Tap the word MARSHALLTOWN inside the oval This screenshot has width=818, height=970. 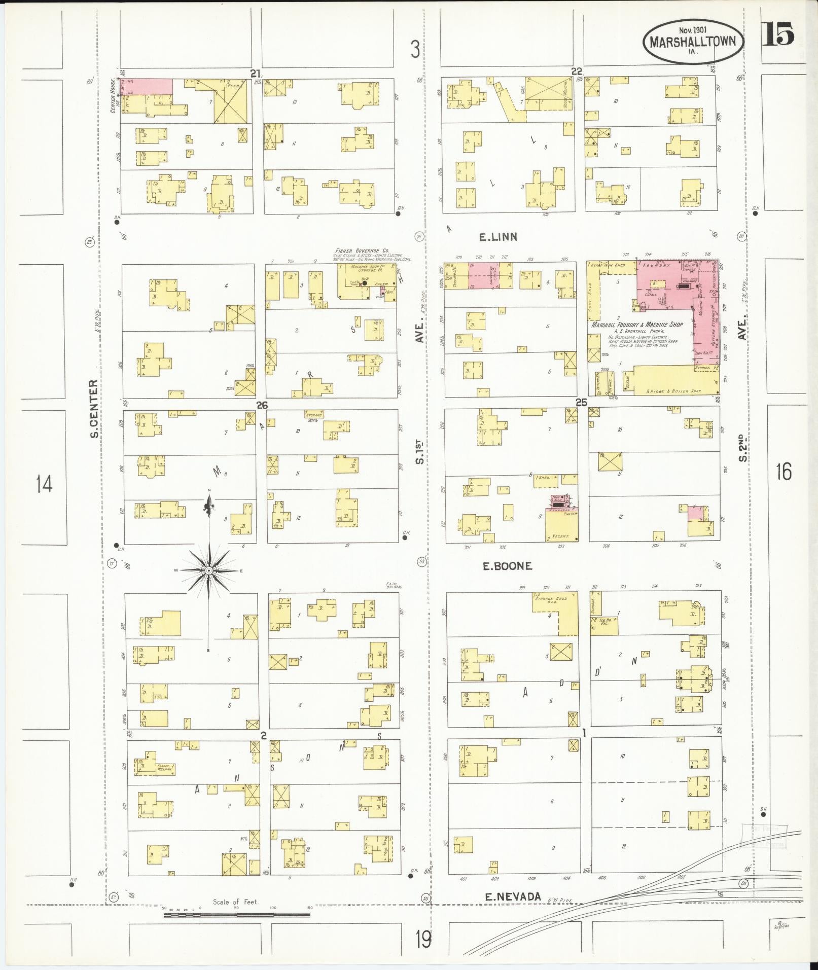693,41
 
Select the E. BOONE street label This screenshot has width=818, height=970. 507,566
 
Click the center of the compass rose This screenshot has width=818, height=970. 208,571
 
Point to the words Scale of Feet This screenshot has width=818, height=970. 235,902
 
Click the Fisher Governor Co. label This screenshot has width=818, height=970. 361,250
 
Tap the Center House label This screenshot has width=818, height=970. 113,95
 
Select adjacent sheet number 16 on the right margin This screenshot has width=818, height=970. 783,472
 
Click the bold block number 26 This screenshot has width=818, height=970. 262,405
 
